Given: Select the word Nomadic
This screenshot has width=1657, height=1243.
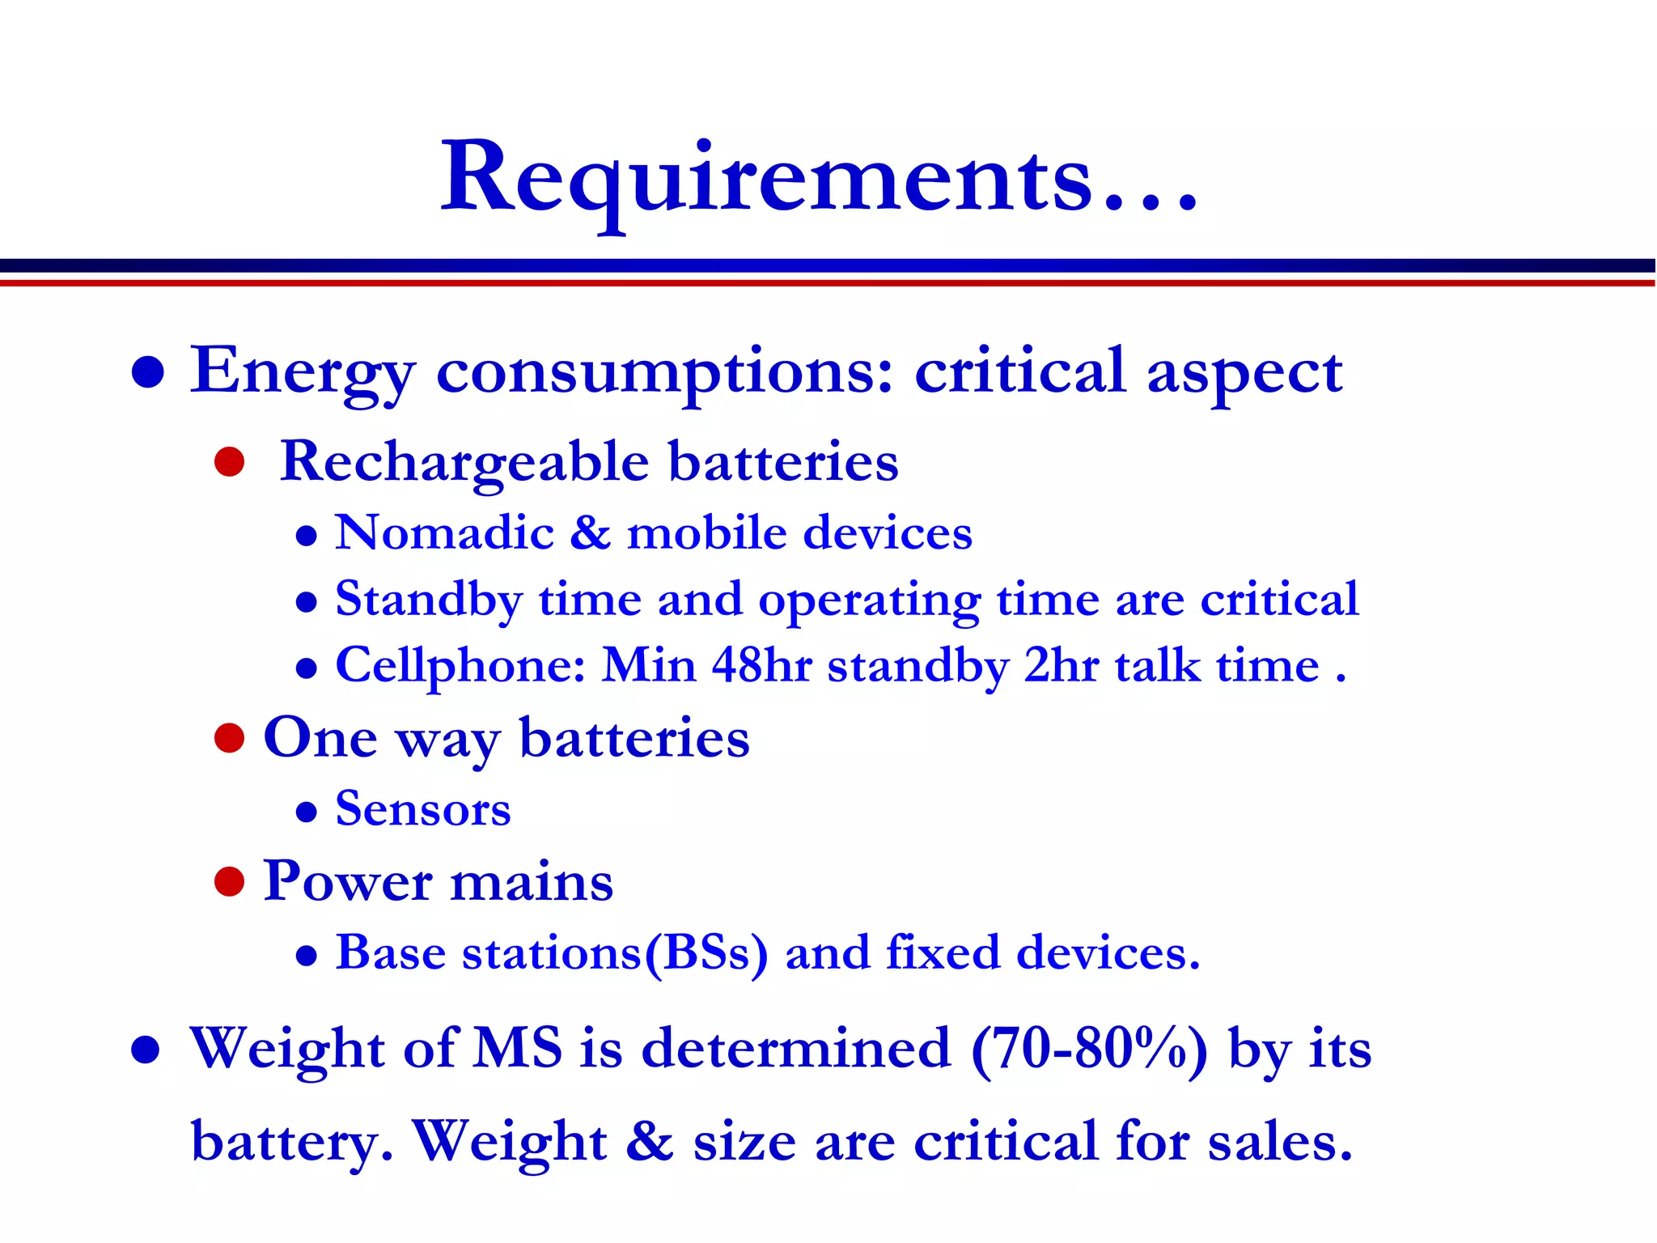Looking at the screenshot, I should click(x=444, y=533).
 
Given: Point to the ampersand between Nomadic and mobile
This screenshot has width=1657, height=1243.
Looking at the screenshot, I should click(x=590, y=533).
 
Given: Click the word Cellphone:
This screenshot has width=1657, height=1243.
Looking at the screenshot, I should click(x=460, y=667).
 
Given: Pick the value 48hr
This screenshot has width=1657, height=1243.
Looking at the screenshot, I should click(x=761, y=666).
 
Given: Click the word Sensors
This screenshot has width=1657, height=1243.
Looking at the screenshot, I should click(x=423, y=809).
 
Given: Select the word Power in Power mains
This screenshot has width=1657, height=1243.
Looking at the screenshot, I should click(x=348, y=881).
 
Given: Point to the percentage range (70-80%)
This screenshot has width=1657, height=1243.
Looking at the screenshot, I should click(x=1089, y=1050).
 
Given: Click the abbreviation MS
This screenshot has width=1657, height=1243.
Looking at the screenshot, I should click(x=518, y=1049).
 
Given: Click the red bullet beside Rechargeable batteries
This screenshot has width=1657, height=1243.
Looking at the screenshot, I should click(x=230, y=462).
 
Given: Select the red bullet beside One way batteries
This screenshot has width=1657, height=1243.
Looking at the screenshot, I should click(x=230, y=738).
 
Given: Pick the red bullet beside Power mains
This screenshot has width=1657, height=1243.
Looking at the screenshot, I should click(x=230, y=882).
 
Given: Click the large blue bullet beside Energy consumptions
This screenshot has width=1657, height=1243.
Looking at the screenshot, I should click(x=148, y=373).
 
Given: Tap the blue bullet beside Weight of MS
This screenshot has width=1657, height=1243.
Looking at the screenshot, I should click(x=146, y=1050).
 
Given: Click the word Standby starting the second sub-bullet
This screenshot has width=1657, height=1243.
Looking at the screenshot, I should click(x=429, y=600).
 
